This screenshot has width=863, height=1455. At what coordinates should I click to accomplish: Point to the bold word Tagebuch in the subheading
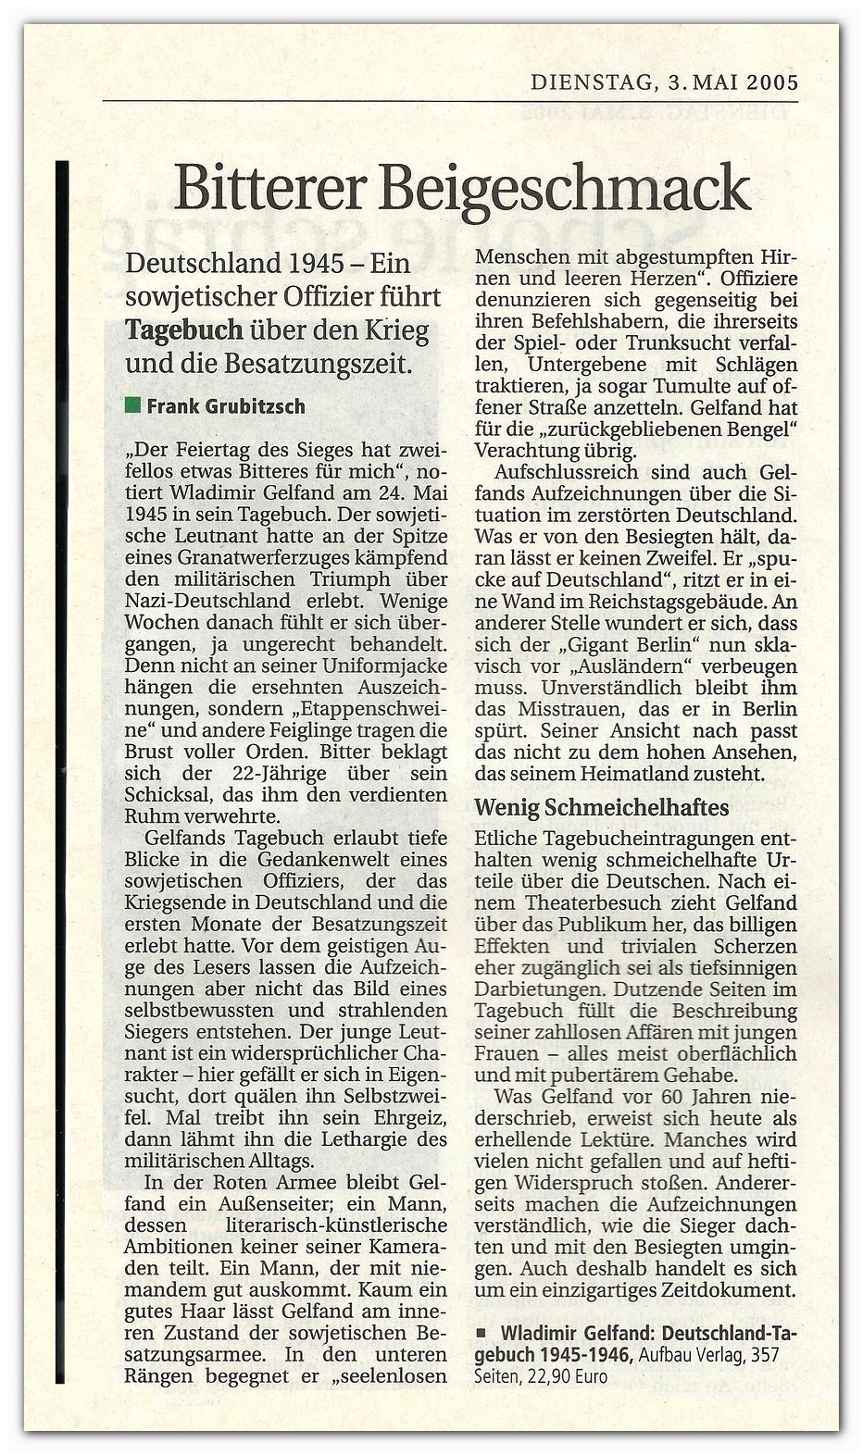coord(182,329)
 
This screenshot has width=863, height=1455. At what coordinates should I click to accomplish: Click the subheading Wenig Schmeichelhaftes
coord(601,806)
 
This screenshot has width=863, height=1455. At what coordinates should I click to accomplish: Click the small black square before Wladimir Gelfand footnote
coord(480,1334)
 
